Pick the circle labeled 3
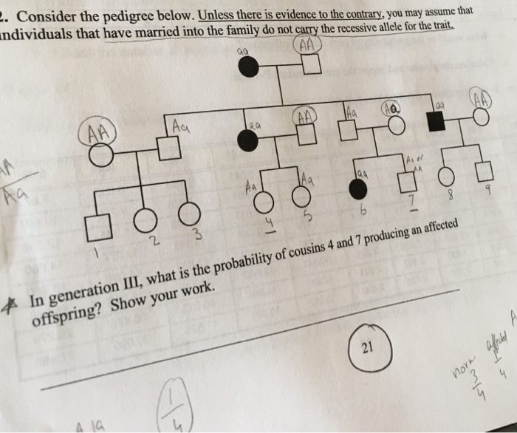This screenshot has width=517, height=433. coord(188,213)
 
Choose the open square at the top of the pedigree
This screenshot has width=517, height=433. coord(312,65)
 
